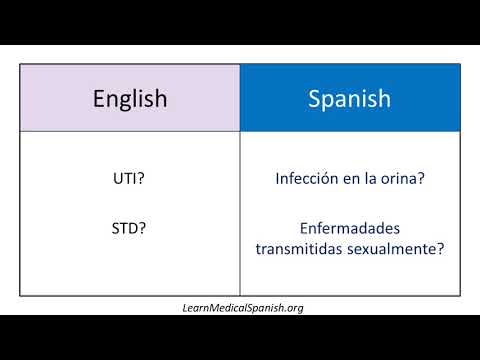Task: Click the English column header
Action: click(x=129, y=99)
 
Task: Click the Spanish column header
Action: click(x=349, y=99)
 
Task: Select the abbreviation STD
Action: click(x=125, y=228)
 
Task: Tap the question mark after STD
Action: click(x=144, y=228)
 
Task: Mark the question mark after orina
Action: click(x=420, y=181)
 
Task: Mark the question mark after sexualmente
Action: click(x=439, y=249)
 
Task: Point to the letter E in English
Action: click(x=98, y=99)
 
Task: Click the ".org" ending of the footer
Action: click(x=292, y=307)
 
